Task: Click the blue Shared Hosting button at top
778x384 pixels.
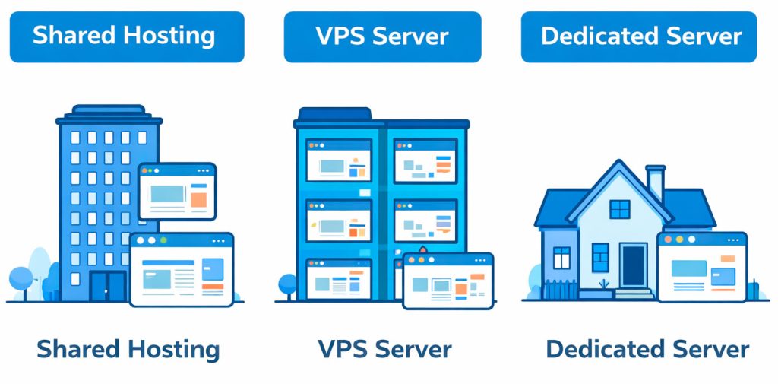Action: pos(126,36)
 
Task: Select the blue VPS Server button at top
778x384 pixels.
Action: pos(382,36)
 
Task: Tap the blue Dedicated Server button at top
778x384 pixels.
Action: pos(639,36)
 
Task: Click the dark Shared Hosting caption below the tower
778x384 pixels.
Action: pos(128,349)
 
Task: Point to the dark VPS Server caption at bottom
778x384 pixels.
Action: pos(384,349)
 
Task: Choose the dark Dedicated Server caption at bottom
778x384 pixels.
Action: pos(647,349)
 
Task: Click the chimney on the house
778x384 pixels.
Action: pos(655,182)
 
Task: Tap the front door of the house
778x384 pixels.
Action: pos(633,265)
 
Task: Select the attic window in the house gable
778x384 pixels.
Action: pos(620,209)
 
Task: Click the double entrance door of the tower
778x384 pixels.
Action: pos(107,286)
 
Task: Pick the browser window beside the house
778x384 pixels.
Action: pos(701,267)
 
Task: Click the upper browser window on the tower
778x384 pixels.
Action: pos(177,191)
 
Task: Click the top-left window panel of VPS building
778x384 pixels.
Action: pos(338,160)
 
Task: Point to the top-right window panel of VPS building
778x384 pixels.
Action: pos(425,160)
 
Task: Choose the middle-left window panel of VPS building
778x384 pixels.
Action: pos(338,221)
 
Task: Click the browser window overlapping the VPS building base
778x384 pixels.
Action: pos(448,281)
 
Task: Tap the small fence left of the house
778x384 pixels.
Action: pos(561,290)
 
